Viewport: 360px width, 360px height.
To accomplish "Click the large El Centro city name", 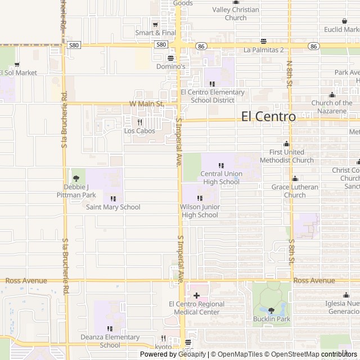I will tap(268, 116).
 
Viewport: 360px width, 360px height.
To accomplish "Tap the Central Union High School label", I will tap(220, 178).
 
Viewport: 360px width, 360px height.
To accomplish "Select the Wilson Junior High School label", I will tap(200, 211).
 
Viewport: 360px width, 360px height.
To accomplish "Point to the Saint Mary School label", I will tap(113, 207).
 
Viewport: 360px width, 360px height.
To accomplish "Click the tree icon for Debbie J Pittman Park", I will tap(76, 178).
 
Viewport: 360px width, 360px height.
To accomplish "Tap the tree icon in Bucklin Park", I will tap(271, 310).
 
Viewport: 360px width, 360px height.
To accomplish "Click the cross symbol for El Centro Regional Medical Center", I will tap(196, 295).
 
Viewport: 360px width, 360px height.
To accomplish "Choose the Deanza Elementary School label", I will tap(110, 341).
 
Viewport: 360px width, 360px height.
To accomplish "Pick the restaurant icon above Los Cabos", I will tap(139, 122).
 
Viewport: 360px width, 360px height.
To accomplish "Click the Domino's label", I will tap(171, 66).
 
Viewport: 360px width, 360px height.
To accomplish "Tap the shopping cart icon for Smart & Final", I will tap(156, 24).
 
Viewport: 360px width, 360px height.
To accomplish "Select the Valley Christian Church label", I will tap(235, 13).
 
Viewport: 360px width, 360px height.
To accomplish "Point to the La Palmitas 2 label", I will tap(263, 49).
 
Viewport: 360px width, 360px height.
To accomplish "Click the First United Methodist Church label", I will tap(287, 156).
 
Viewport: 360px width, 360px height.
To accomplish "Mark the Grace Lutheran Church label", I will tap(295, 191).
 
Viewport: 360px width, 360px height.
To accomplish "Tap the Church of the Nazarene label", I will tap(332, 106).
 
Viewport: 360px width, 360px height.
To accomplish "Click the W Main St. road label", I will tap(146, 104).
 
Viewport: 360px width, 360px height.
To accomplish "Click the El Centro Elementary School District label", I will tap(212, 96).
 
